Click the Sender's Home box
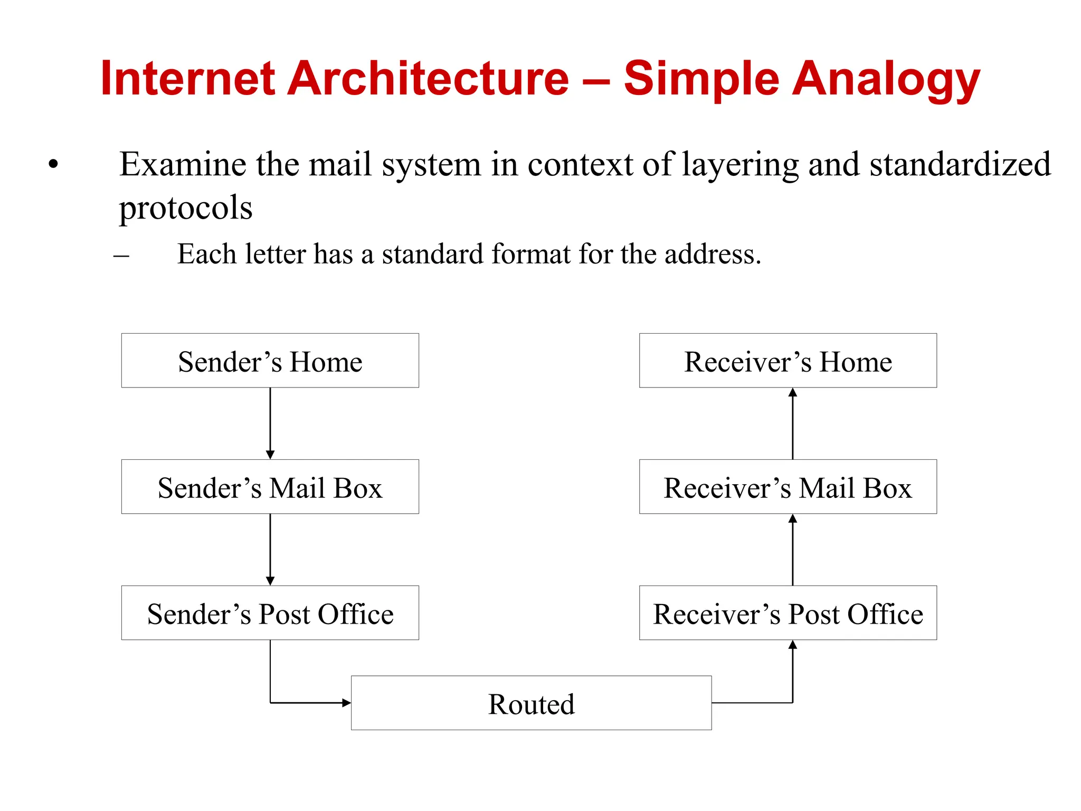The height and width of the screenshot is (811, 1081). [270, 361]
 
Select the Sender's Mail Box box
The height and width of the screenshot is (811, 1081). [270, 487]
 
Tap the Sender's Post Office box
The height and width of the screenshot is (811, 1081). [270, 613]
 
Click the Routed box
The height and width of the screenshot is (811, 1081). [531, 703]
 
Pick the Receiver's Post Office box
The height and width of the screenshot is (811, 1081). [788, 613]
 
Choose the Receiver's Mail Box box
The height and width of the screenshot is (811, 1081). [788, 487]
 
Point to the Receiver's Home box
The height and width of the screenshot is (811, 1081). [788, 361]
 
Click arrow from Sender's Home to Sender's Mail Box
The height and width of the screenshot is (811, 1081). [270, 422]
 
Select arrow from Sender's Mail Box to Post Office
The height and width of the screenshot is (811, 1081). [270, 549]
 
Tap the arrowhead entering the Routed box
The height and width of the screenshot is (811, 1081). [346, 703]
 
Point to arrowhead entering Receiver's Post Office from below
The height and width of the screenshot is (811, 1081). [792, 645]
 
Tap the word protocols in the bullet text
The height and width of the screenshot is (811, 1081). [186, 208]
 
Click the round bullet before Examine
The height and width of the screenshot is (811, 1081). [53, 164]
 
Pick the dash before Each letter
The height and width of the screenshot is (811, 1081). [121, 256]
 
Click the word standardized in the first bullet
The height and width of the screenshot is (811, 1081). [960, 164]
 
